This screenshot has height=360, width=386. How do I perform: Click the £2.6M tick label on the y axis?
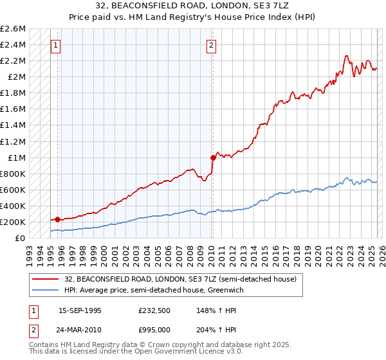[x=14, y=29]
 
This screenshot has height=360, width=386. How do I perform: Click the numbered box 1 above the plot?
[x=57, y=45]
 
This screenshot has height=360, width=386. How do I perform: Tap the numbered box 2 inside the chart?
[x=212, y=45]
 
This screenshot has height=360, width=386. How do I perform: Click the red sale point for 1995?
[x=57, y=219]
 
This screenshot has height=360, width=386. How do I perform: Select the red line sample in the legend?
[x=46, y=279]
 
